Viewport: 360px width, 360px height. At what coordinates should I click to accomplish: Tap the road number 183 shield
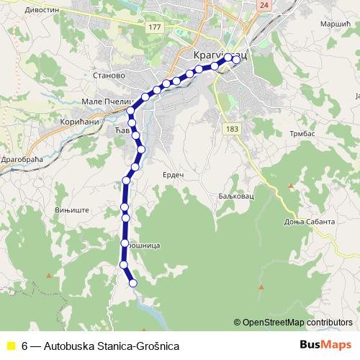point(231,128)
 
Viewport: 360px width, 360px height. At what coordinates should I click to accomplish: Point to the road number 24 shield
point(264,4)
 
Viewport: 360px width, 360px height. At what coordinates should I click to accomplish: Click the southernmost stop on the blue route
point(132,283)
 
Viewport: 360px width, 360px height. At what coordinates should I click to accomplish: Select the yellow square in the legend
point(10,346)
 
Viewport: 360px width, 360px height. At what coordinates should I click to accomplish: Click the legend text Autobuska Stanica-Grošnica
point(112,346)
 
